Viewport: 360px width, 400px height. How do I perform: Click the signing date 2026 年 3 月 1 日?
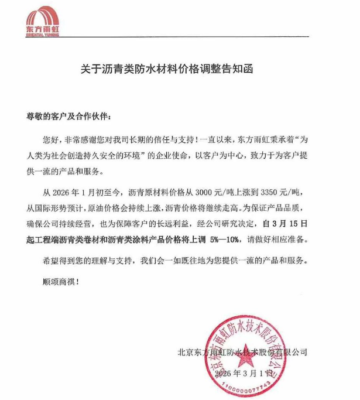(x=244, y=372)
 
